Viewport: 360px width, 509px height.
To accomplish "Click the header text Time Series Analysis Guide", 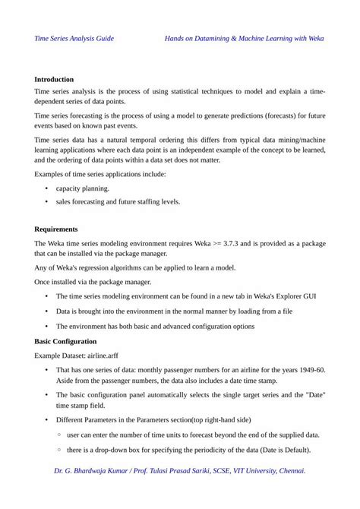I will (74, 37).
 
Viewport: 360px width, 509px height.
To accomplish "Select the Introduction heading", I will (54, 79).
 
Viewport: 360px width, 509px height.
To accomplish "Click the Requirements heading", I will (56, 229).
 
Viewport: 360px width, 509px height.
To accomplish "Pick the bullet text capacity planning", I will (83, 188).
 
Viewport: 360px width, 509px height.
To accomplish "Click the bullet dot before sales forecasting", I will (47, 202).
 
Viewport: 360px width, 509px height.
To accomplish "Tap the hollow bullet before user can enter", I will (59, 435).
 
